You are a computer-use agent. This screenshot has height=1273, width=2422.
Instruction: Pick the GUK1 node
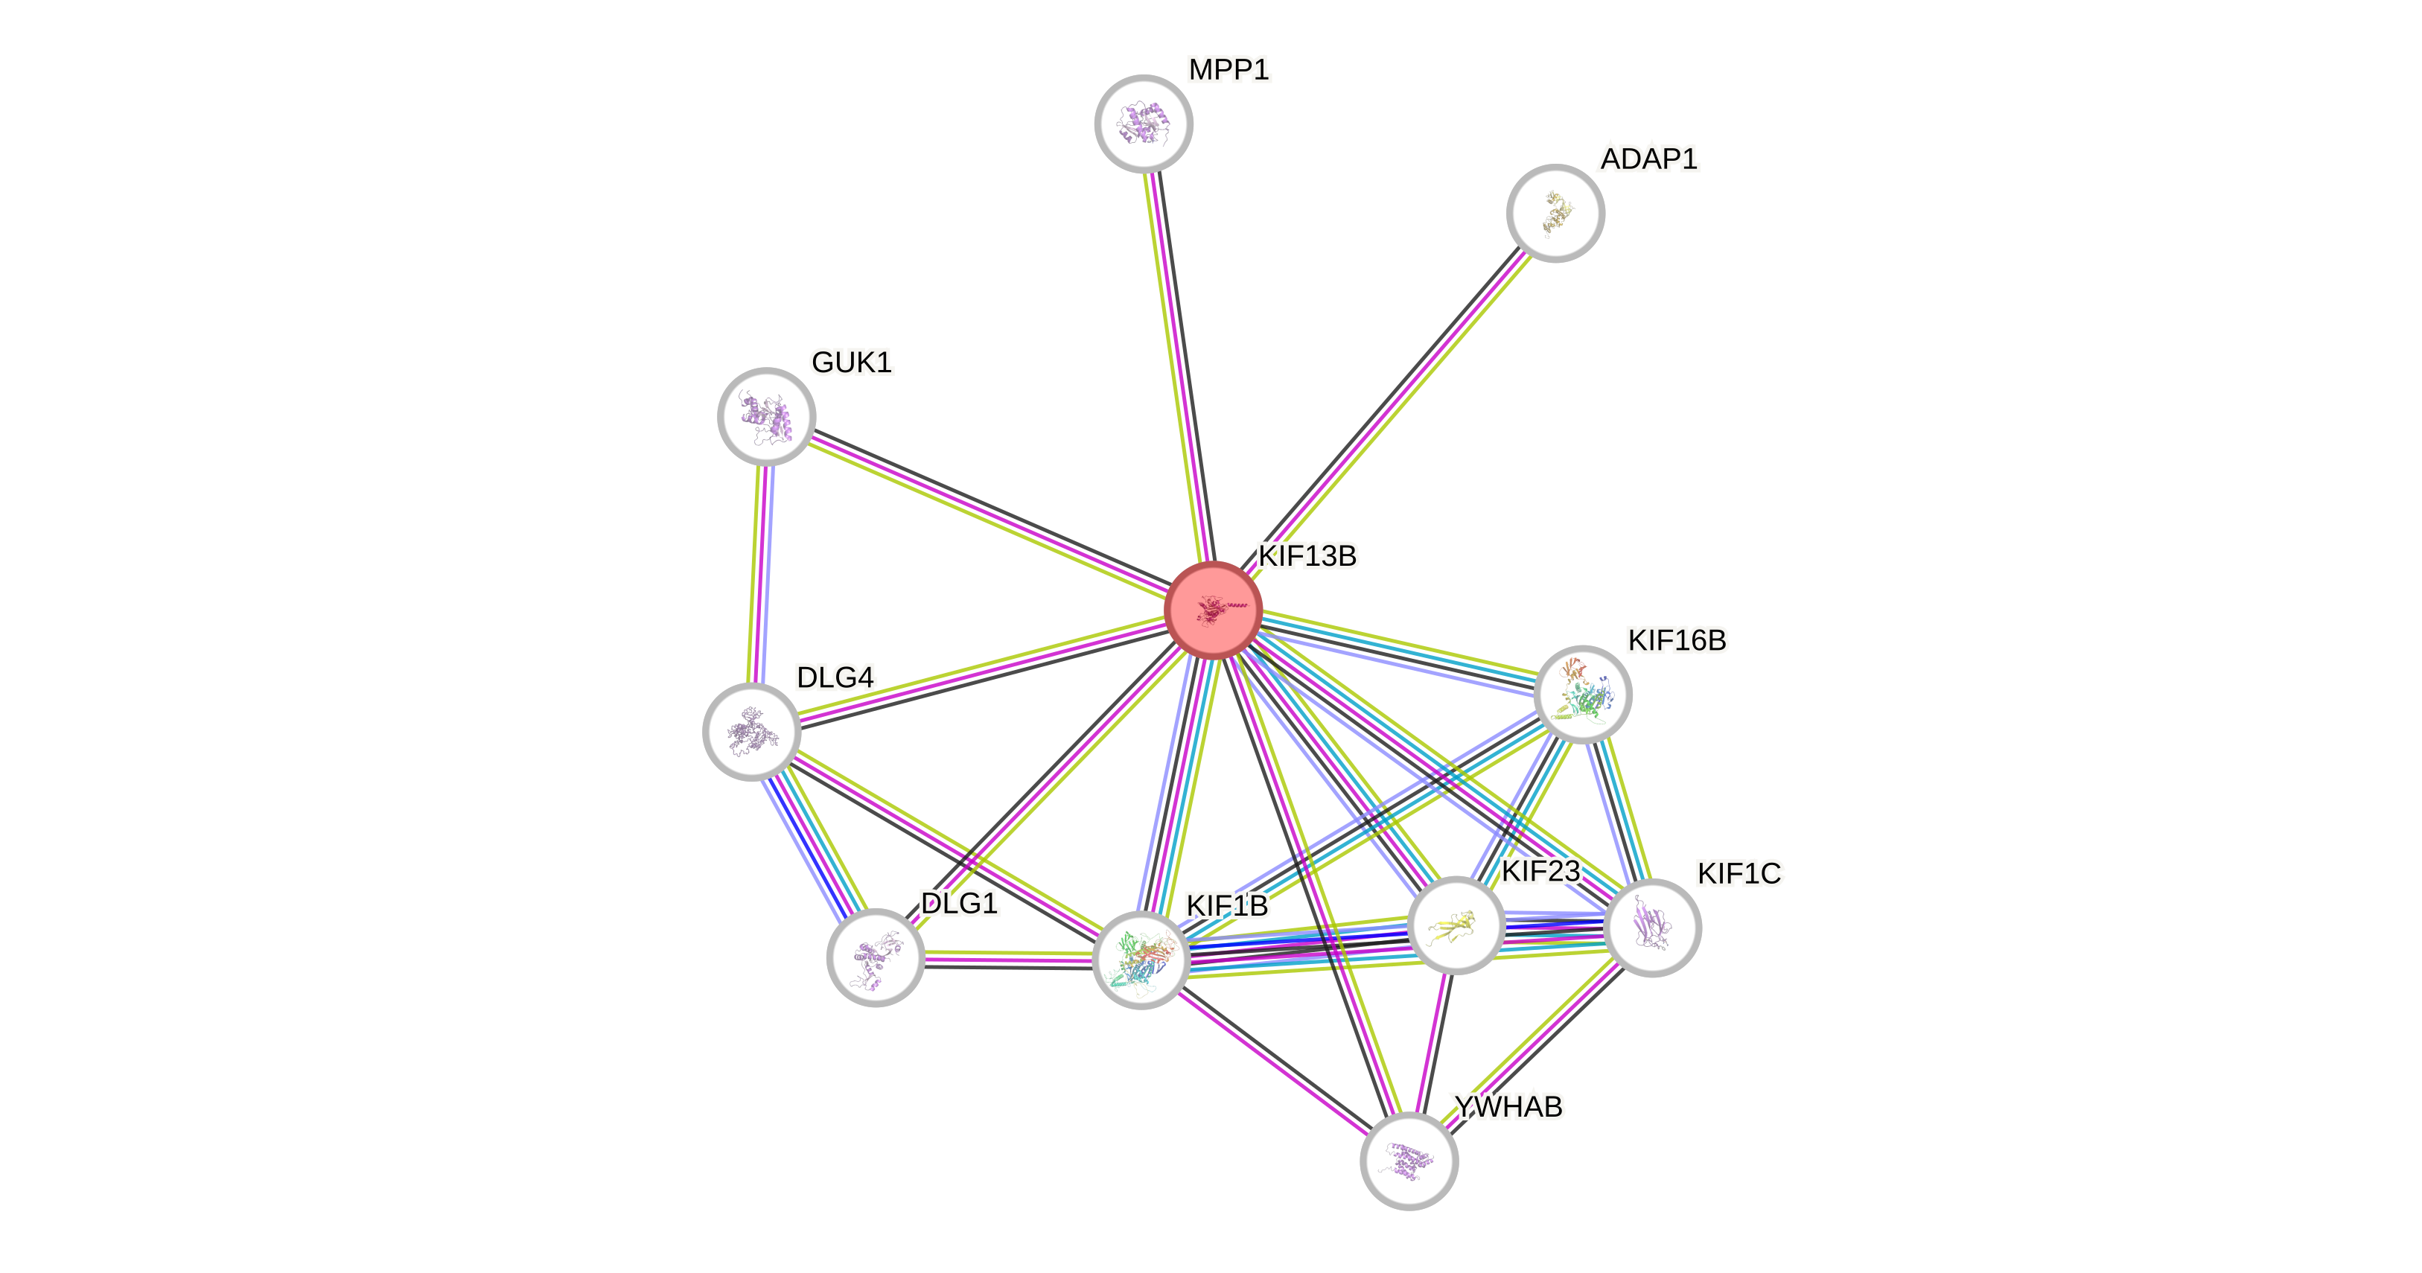tap(766, 415)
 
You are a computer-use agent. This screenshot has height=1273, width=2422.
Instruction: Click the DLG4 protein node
tap(751, 732)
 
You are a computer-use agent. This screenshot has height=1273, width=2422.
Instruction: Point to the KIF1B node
tap(1141, 960)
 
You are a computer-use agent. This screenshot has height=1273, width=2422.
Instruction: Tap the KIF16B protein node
tap(1582, 695)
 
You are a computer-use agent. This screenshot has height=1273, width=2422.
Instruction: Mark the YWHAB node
tap(1409, 1160)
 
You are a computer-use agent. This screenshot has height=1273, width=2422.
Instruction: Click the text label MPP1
tap(1228, 69)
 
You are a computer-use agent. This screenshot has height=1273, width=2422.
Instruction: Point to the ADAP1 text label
tap(1648, 159)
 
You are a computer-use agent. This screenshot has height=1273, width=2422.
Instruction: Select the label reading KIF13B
tap(1307, 557)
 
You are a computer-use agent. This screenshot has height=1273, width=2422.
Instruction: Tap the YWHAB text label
tap(1508, 1106)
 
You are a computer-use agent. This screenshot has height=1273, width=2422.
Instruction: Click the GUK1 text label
tap(851, 362)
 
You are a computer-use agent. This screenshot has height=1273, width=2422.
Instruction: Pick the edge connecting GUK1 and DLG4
tap(759, 573)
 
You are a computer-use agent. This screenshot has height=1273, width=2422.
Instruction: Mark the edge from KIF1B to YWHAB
tap(1275, 1061)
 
